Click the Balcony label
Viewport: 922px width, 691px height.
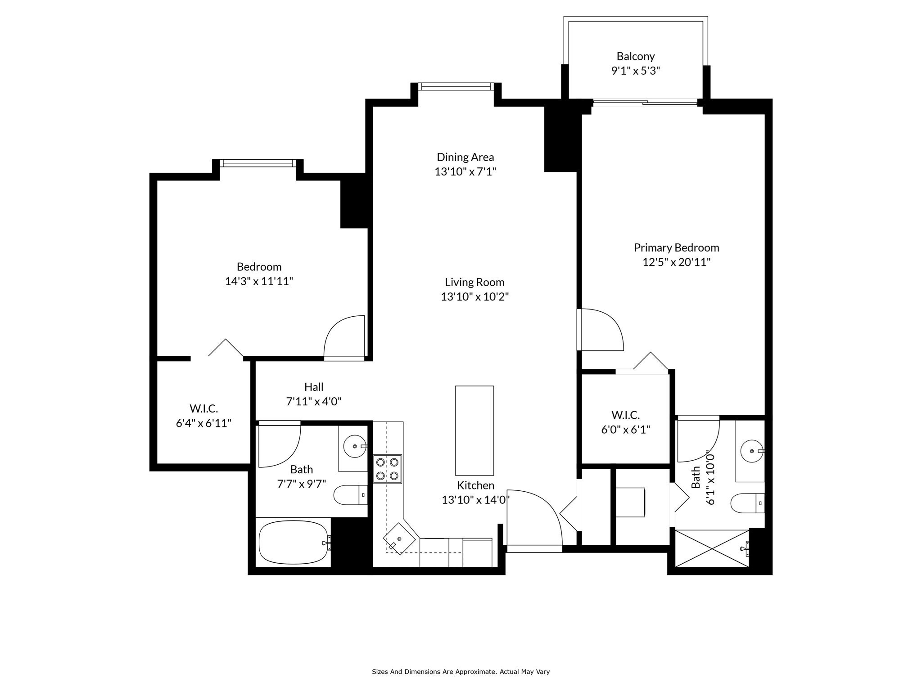(635, 56)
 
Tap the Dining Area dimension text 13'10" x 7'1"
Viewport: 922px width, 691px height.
(465, 171)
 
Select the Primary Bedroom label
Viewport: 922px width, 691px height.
(676, 247)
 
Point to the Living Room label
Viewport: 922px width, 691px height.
(475, 282)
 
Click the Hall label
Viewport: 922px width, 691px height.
(314, 387)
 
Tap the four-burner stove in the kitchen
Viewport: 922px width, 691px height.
(387, 469)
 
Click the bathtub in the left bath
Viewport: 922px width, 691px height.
(294, 542)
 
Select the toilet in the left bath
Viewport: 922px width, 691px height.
(351, 495)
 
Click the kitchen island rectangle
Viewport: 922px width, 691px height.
(475, 431)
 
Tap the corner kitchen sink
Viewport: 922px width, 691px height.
(399, 539)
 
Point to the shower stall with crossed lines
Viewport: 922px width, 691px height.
(712, 548)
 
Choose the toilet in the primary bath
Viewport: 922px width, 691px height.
(748, 503)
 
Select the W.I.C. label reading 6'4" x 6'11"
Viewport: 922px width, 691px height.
(203, 416)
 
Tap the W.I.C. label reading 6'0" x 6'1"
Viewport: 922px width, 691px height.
(626, 422)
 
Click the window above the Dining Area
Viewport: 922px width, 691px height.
(456, 87)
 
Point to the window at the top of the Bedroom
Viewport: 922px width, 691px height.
(258, 163)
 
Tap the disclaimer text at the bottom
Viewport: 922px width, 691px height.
(461, 672)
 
